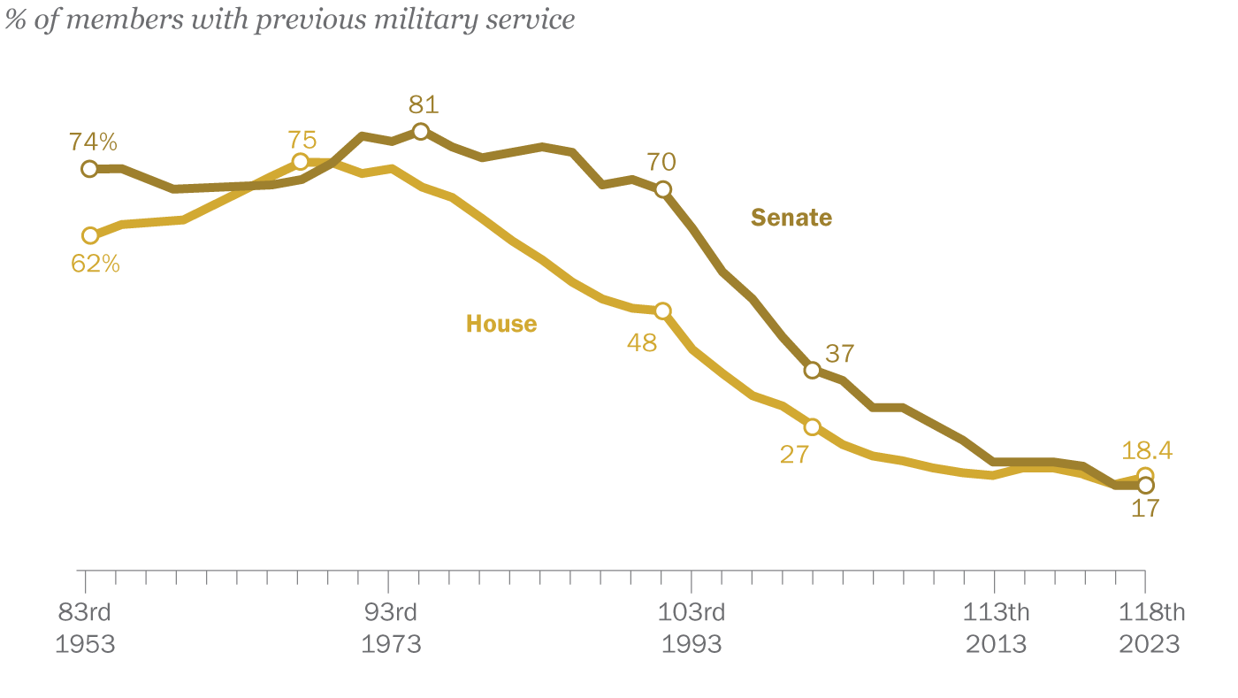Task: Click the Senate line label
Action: pos(791,218)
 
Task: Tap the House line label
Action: pos(501,324)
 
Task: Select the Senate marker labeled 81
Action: pos(421,131)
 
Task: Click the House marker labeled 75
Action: pos(301,161)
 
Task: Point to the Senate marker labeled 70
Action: pos(663,188)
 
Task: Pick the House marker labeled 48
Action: pos(663,311)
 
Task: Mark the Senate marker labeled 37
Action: pos(812,370)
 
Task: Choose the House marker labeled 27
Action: pos(812,427)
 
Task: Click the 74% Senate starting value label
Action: pos(94,142)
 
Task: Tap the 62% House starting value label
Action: pos(95,263)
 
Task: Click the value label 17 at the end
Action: pos(1145,509)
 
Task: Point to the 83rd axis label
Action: pos(86,612)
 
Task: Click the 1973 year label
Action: pos(390,643)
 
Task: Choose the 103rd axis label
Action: pos(692,612)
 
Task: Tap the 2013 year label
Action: pos(997,643)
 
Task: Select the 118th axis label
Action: pos(1150,612)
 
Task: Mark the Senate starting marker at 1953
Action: pos(89,168)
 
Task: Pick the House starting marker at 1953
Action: pos(89,235)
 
